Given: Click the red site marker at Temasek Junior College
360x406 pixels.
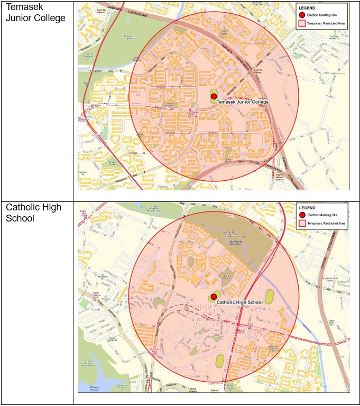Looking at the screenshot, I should (214, 96).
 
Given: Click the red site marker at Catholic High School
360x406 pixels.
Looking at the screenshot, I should (214, 297).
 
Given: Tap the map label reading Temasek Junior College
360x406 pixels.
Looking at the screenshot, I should (243, 101).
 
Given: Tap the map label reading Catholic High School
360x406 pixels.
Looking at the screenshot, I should (239, 302).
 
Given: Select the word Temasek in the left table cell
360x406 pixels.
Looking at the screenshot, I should (25, 7).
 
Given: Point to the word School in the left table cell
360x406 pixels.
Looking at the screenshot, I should (19, 218).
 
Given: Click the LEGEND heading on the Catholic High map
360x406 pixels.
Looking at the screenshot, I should (307, 208).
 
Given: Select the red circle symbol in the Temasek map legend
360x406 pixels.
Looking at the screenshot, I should (301, 16).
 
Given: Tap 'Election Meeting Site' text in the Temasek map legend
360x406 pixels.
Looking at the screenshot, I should (320, 16).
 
